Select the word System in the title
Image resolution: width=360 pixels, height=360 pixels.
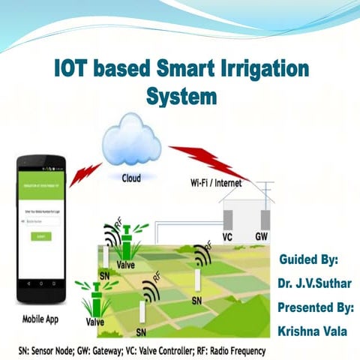coord(181,98)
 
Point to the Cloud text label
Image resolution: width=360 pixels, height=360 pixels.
coord(131,178)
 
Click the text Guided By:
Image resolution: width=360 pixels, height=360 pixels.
coord(309,260)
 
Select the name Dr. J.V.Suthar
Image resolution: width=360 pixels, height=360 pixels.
coord(313,283)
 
